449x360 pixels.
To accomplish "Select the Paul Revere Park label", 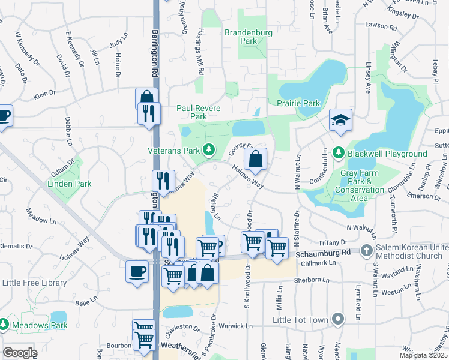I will click(198, 112).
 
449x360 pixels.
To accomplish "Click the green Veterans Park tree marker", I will click(209, 149).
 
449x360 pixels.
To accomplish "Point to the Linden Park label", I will click(70, 184).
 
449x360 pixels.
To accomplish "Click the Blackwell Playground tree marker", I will click(338, 154).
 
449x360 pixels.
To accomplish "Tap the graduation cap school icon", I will click(340, 120).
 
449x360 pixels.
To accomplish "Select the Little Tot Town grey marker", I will click(339, 319).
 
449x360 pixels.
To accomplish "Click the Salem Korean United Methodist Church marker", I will click(367, 250).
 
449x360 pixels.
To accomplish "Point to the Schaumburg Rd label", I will click(322, 254).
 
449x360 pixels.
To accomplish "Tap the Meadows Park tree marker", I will click(4, 325).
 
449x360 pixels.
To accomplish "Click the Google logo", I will click(20, 352).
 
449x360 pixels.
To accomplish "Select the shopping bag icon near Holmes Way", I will click(255, 160).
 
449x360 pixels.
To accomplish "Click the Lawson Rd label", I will click(385, 28).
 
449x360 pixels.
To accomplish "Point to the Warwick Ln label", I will click(237, 326).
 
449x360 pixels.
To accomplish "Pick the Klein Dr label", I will click(44, 94).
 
